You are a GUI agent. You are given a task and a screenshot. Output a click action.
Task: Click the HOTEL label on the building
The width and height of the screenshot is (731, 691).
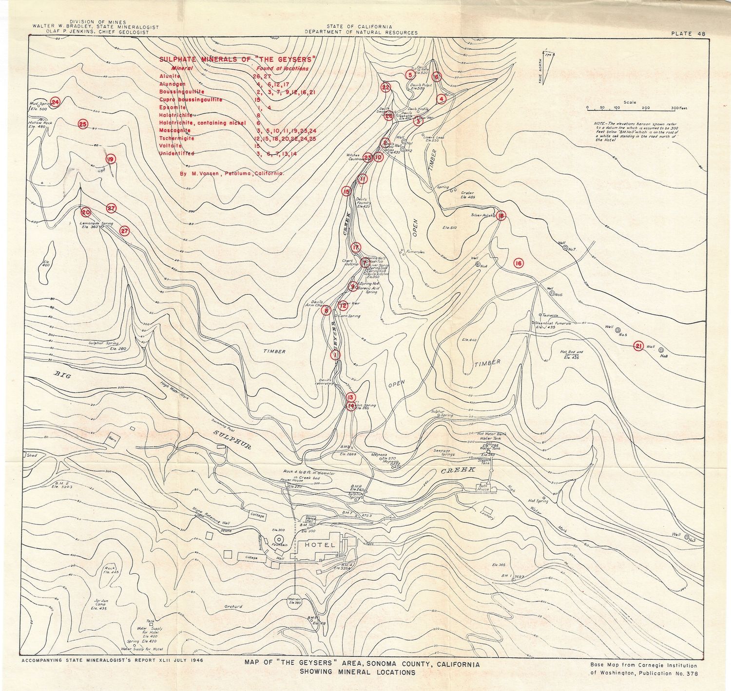320,545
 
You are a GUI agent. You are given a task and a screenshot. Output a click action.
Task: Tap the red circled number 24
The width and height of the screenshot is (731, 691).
55,102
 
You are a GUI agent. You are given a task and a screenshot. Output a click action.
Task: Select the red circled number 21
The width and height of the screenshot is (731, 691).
638,346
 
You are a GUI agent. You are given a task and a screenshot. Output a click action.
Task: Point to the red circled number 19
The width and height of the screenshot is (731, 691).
111,159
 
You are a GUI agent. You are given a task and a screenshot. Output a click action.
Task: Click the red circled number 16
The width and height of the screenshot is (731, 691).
518,263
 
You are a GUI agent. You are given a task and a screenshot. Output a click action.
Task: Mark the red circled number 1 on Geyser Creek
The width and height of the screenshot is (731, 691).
335,355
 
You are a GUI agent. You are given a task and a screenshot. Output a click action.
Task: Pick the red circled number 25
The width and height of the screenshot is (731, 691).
82,124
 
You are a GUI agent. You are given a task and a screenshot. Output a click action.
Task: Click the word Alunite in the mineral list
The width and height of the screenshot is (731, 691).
170,76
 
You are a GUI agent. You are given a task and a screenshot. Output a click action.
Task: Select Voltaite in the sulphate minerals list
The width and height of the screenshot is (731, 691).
170,146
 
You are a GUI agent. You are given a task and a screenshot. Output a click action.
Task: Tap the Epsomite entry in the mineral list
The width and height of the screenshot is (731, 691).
173,107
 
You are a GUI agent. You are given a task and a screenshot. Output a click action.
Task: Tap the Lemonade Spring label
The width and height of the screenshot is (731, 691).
96,224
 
